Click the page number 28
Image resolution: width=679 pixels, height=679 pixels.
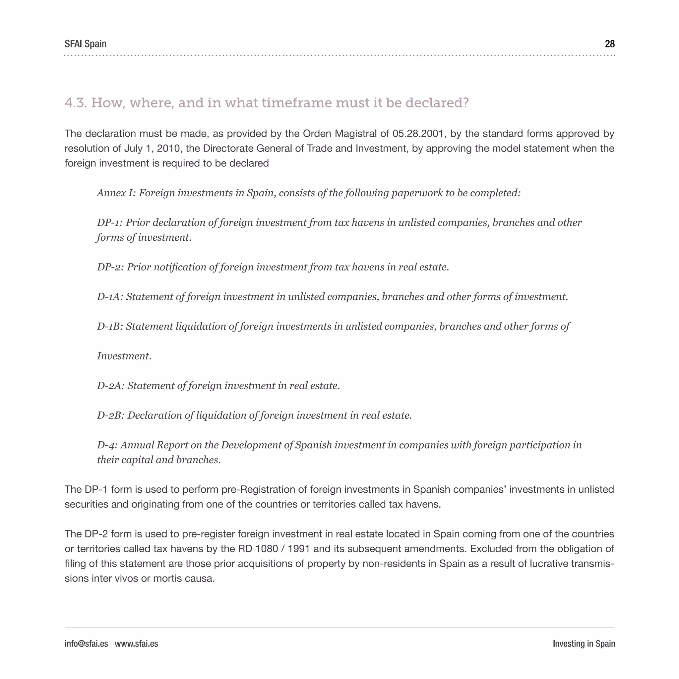tap(609, 44)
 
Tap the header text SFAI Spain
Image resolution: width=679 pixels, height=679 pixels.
tap(86, 44)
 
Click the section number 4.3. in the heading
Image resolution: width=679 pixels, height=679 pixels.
tap(76, 103)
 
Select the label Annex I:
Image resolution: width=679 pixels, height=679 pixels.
tap(116, 193)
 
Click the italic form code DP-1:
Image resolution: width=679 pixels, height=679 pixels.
tap(110, 222)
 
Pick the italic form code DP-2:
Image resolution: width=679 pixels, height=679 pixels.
tap(110, 267)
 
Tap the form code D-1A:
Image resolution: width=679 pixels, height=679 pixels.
tap(110, 297)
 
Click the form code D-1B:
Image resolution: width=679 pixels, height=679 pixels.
tap(110, 327)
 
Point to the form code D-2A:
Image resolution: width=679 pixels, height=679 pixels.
tap(111, 386)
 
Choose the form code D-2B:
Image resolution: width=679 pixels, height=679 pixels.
tap(111, 415)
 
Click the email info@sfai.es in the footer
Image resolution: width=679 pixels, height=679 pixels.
tap(86, 644)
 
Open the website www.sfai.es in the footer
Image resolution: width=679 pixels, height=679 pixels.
tap(136, 644)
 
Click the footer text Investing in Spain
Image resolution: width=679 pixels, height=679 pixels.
tap(584, 644)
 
